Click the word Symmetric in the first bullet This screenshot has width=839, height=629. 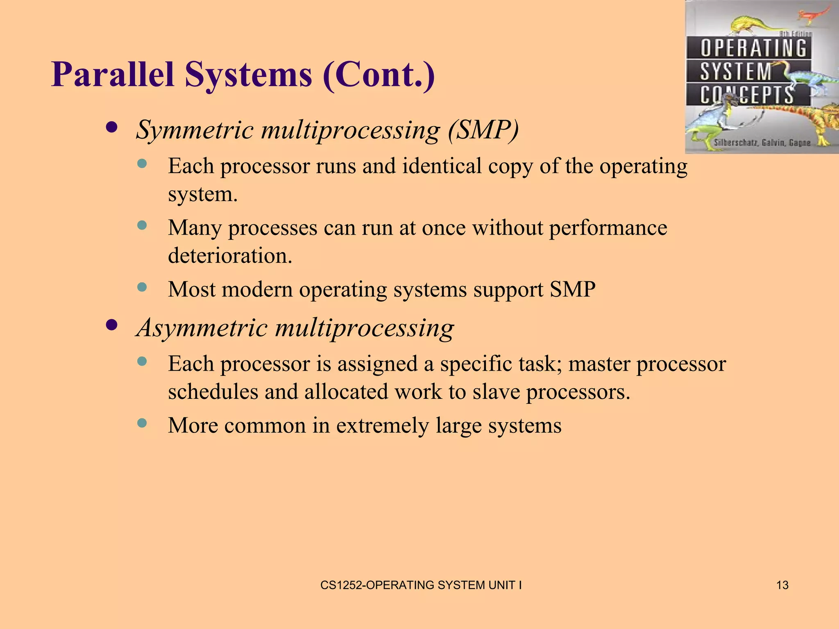pyautogui.click(x=195, y=130)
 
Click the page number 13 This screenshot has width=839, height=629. pyautogui.click(x=782, y=585)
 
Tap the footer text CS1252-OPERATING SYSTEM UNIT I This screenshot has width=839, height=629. pyautogui.click(x=421, y=585)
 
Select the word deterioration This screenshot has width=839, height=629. pyautogui.click(x=229, y=256)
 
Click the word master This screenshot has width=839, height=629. pyautogui.click(x=599, y=364)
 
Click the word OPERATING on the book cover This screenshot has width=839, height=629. pyautogui.click(x=753, y=48)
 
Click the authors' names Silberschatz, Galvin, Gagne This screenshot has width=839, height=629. pyautogui.click(x=762, y=143)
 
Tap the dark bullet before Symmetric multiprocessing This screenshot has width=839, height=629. pyautogui.click(x=111, y=127)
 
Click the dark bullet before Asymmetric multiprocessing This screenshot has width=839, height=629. pyautogui.click(x=111, y=325)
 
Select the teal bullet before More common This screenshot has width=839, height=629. pyautogui.click(x=142, y=423)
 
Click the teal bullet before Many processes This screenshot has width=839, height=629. pyautogui.click(x=142, y=225)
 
